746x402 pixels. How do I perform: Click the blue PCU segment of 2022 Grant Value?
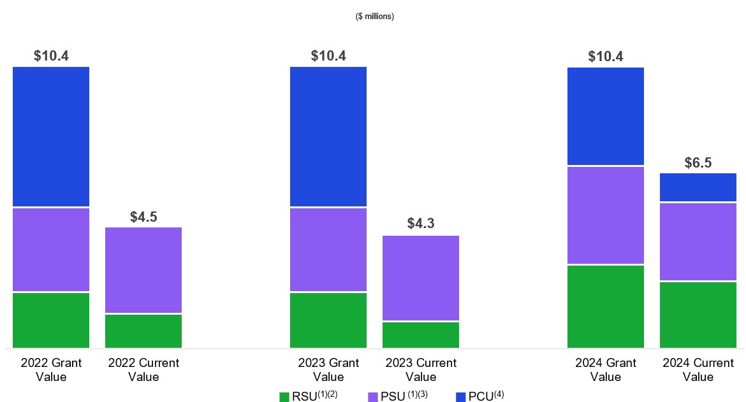(51, 136)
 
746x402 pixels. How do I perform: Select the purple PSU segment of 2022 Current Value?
(143, 270)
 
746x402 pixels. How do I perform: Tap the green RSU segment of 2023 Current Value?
(421, 334)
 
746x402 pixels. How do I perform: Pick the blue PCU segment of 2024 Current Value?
(698, 187)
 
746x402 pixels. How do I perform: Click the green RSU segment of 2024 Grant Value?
(606, 306)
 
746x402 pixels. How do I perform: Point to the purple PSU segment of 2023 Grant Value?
(328, 250)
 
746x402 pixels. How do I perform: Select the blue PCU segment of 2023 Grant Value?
(328, 136)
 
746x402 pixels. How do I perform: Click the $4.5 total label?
(143, 217)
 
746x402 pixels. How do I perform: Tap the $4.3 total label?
(421, 224)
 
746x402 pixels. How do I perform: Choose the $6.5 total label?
(698, 163)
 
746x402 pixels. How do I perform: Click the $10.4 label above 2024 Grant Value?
(606, 56)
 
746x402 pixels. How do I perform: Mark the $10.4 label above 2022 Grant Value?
(51, 56)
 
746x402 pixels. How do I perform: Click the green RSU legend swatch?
(284, 397)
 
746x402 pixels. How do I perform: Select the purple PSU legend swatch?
(374, 397)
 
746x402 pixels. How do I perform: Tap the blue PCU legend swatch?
(460, 397)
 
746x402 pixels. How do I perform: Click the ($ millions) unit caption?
(375, 17)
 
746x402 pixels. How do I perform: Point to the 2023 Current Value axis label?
(421, 370)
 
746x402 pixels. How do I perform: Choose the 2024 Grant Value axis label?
(606, 370)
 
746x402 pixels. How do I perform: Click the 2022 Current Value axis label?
(143, 370)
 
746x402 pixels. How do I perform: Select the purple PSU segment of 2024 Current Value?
(698, 241)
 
